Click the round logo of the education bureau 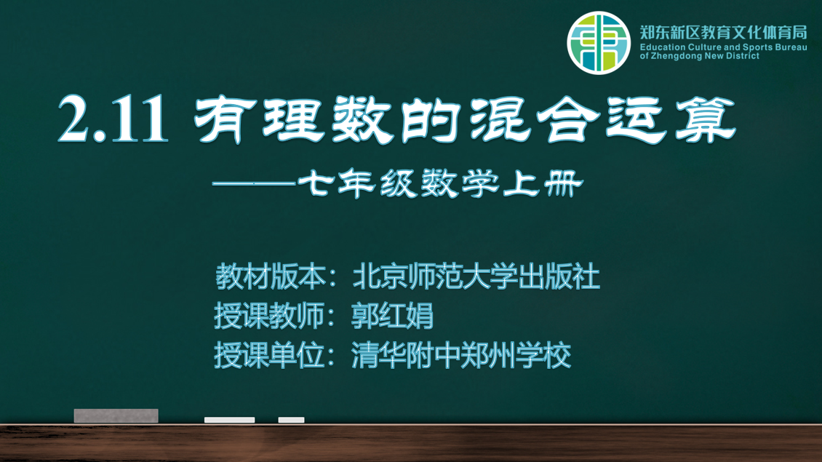pyautogui.click(x=598, y=43)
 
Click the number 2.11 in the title pyautogui.click(x=113, y=119)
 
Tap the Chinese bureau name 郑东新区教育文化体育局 pyautogui.click(x=724, y=33)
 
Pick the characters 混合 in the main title pyautogui.click(x=535, y=119)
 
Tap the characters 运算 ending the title pyautogui.click(x=671, y=119)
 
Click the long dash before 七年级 pyautogui.click(x=254, y=183)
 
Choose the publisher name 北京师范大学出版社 pyautogui.click(x=476, y=277)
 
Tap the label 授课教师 pyautogui.click(x=269, y=316)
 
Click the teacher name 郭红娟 pyautogui.click(x=392, y=316)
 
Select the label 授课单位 pyautogui.click(x=269, y=355)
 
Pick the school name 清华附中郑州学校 pyautogui.click(x=461, y=355)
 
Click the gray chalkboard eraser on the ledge pyautogui.click(x=116, y=415)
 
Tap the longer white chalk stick pyautogui.click(x=229, y=420)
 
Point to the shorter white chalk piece pyautogui.click(x=291, y=420)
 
